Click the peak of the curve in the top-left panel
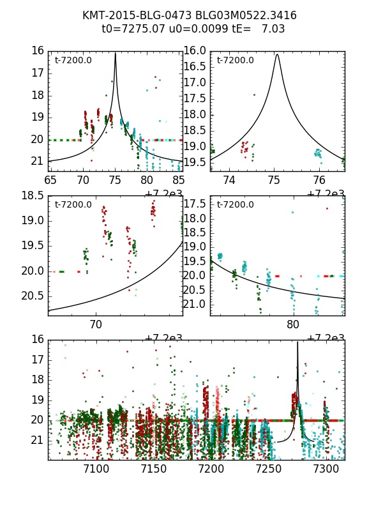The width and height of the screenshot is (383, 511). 115,53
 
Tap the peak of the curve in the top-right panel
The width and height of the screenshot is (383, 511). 277,54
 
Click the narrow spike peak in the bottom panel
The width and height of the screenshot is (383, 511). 297,342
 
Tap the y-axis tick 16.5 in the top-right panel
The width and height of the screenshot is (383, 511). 195,66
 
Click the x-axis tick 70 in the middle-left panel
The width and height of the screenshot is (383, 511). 96,324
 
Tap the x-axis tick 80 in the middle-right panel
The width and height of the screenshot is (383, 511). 293,324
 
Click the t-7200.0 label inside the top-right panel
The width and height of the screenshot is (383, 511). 236,61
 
